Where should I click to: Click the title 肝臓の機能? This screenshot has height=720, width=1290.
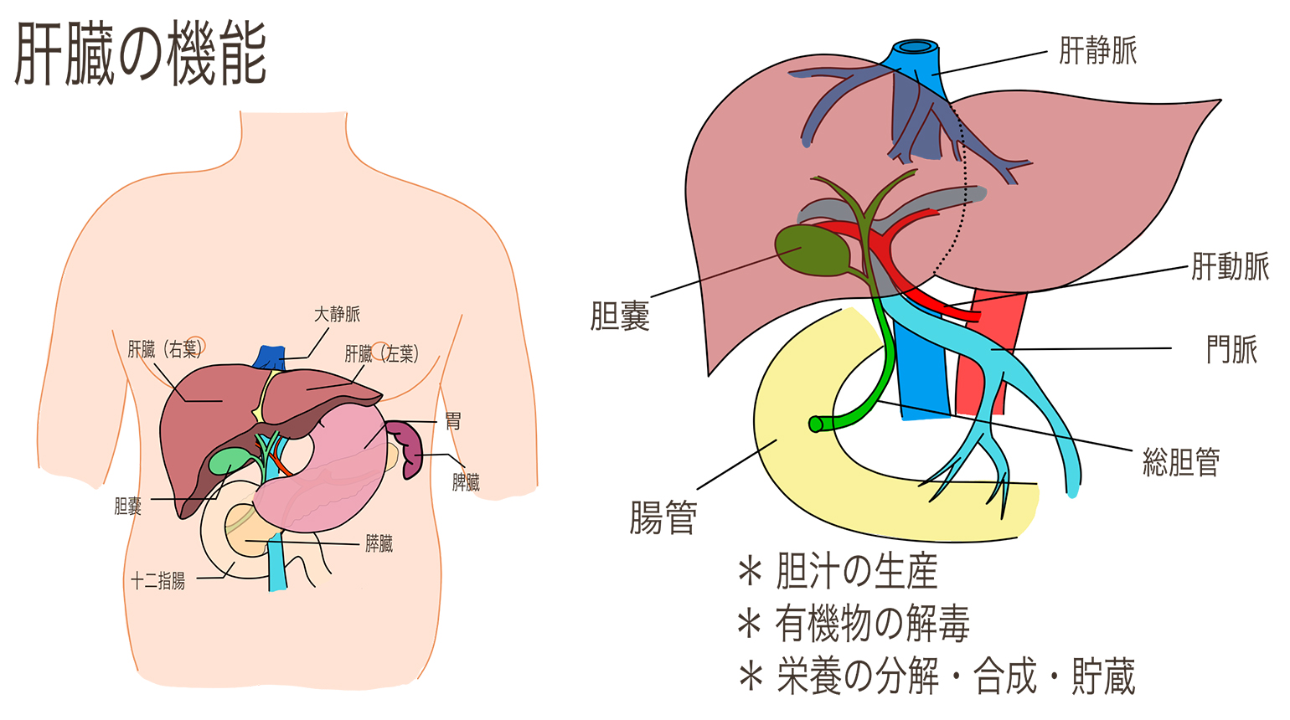point(141,54)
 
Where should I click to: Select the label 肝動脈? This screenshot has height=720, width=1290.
point(1230,266)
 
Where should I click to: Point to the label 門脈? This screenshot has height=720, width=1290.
point(1231,349)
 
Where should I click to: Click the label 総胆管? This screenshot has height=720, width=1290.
point(1181,461)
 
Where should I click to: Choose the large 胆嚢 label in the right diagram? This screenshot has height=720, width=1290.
point(620,316)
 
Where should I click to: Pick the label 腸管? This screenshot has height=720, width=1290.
point(663,517)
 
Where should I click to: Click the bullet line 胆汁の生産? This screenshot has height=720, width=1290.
point(856,572)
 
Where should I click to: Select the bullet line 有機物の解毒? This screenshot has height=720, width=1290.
point(871,625)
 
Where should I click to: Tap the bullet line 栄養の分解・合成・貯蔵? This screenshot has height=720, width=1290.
point(955,676)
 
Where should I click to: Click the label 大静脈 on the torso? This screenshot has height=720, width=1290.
point(337,314)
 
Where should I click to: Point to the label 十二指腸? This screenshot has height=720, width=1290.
point(158,581)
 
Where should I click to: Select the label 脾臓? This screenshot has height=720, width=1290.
point(466,482)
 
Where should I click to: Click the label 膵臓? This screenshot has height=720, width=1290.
point(379,544)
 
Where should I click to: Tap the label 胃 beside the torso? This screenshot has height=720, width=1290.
point(452,420)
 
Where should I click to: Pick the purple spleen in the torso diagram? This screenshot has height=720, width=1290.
point(410,448)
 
